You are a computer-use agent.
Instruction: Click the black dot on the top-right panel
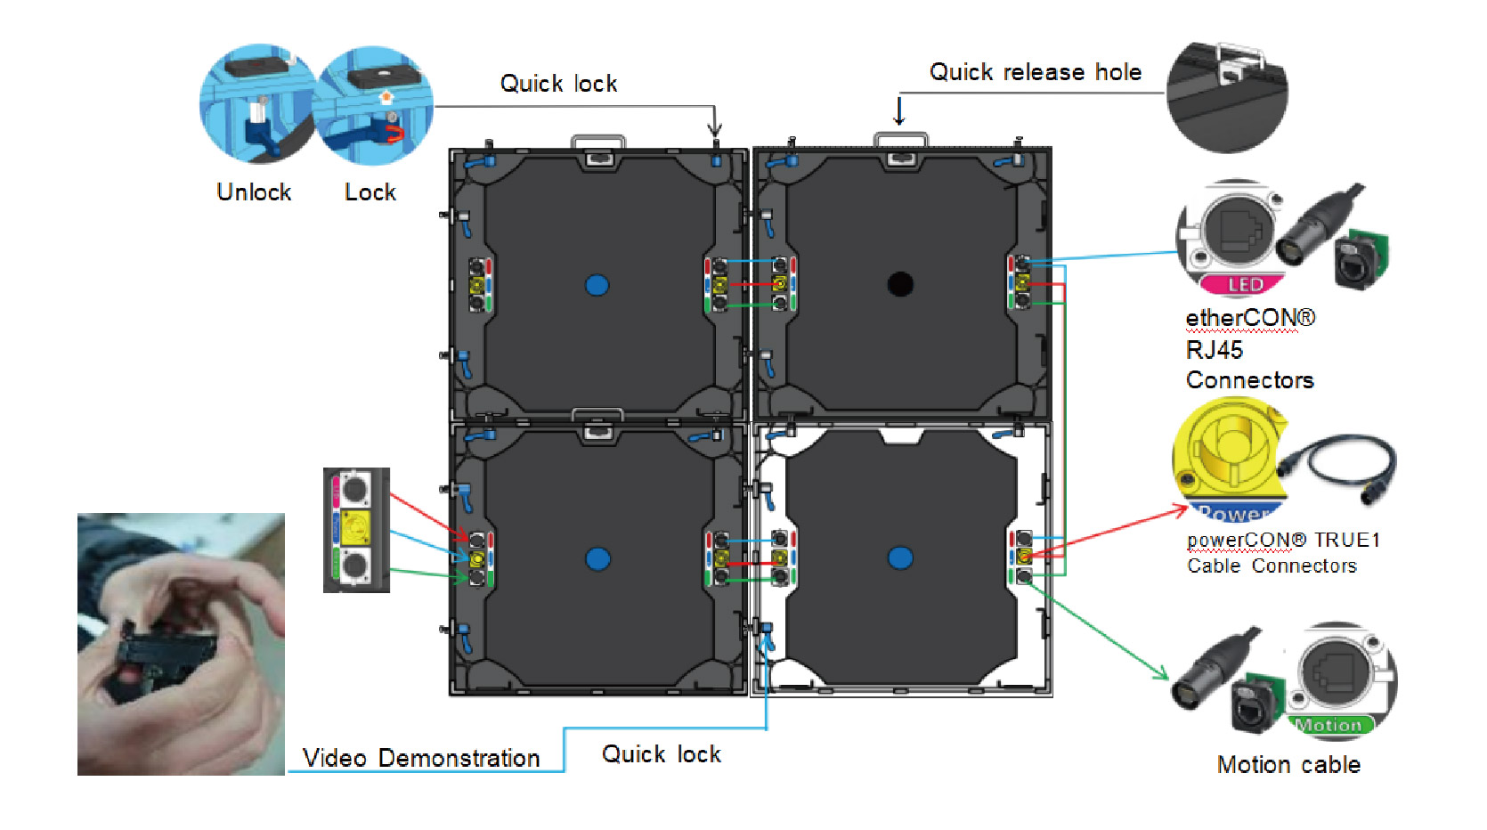[900, 284]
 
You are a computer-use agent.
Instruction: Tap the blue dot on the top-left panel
[597, 285]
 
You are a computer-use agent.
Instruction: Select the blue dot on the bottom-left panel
[597, 558]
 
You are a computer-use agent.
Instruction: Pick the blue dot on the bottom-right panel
[900, 558]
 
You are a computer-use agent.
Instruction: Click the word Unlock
[254, 192]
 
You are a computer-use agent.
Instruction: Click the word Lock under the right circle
[370, 192]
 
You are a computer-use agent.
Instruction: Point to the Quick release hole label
[1035, 72]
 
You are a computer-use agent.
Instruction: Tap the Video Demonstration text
[421, 758]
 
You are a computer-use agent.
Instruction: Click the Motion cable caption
[1288, 765]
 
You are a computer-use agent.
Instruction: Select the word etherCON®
[1250, 318]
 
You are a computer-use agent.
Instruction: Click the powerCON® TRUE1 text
[1283, 540]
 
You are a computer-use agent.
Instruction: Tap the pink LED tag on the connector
[1244, 285]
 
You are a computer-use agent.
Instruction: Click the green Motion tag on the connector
[1329, 725]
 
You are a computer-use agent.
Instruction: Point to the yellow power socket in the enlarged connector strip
[355, 528]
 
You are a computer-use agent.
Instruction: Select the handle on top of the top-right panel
[900, 139]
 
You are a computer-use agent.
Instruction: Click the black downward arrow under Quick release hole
[899, 111]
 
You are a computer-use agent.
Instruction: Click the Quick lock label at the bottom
[662, 754]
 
